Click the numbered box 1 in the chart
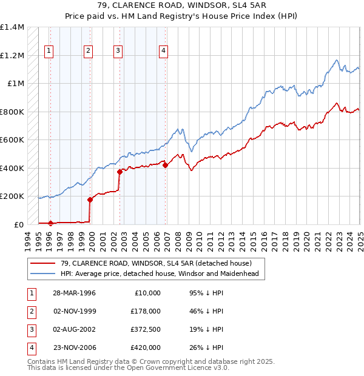tap(49, 51)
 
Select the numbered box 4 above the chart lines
tap(164, 51)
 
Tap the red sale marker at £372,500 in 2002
tap(120, 172)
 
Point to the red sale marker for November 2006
tap(166, 164)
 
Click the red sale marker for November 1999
tap(90, 199)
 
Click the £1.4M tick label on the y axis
tap(12, 27)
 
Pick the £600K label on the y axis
tap(12, 139)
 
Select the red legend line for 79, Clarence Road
tap(42, 263)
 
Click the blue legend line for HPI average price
tap(42, 274)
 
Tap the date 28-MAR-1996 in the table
tap(75, 293)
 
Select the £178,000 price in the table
tap(146, 311)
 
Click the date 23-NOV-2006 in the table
tap(75, 347)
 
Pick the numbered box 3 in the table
tap(30, 329)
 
